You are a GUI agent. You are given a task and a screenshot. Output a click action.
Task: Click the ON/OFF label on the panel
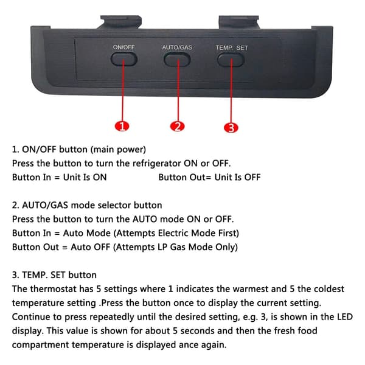pos(123,47)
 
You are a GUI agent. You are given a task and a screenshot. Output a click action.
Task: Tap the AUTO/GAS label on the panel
pos(177,47)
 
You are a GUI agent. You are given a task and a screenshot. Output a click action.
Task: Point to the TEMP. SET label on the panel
pos(232,48)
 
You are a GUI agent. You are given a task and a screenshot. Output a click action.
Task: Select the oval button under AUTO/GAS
pos(177,60)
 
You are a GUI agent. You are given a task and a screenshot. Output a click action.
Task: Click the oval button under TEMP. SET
pos(231,60)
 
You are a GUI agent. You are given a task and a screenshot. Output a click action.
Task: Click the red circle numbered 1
pos(122,127)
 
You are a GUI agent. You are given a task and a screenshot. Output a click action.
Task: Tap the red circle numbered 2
pos(178,127)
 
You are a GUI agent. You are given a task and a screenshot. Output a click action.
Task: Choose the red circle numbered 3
pos(231,128)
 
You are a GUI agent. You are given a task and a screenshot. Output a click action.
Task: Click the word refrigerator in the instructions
pos(157,164)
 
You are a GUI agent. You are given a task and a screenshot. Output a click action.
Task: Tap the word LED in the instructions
pos(345,317)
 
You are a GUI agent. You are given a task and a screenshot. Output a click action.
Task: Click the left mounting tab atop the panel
pos(121,22)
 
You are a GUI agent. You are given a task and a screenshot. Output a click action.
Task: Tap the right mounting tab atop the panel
pos(238,22)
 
